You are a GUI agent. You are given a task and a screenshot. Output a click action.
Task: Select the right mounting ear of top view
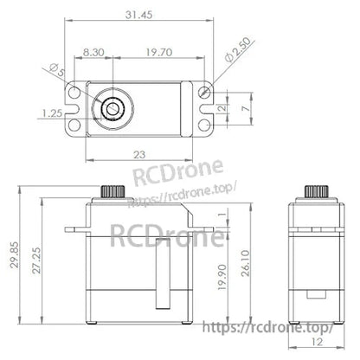pos(203,108)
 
